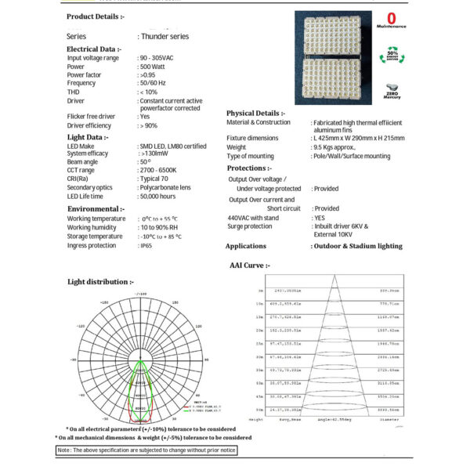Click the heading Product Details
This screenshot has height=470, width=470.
pyautogui.click(x=95, y=16)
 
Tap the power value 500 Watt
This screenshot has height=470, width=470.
pyautogui.click(x=154, y=67)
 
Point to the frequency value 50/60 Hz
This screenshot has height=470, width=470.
pyautogui.click(x=155, y=83)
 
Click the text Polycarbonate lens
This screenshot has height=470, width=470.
pyautogui.click(x=168, y=187)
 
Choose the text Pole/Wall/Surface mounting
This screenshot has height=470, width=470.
pyautogui.click(x=352, y=157)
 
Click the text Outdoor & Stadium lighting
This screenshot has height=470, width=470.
pyautogui.click(x=357, y=246)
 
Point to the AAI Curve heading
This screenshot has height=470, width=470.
pyautogui.click(x=250, y=266)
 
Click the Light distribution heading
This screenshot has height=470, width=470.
pyautogui.click(x=100, y=281)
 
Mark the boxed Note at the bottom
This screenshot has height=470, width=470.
pyautogui.click(x=146, y=450)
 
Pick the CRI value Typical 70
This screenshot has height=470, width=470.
pyautogui.click(x=157, y=179)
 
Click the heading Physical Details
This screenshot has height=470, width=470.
pyautogui.click(x=255, y=113)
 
